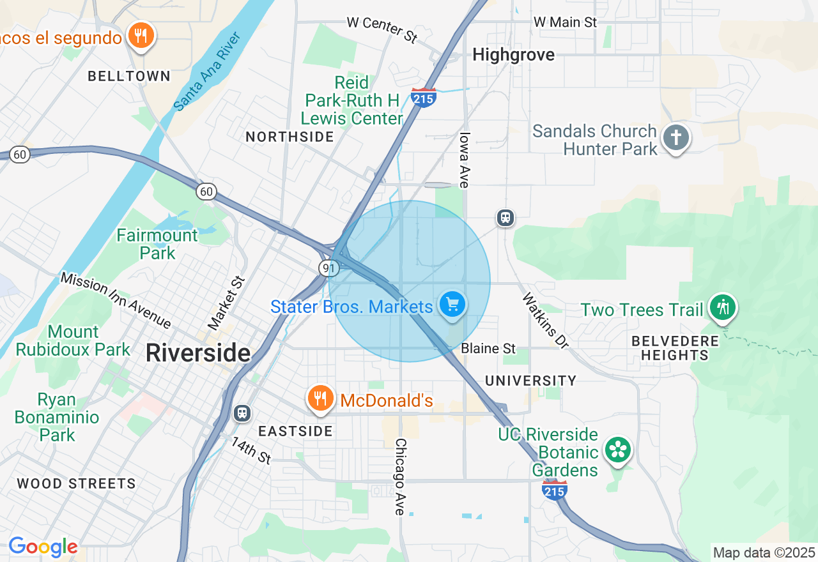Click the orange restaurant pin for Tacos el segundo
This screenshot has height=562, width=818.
(x=141, y=36)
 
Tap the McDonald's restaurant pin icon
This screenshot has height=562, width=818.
(x=320, y=399)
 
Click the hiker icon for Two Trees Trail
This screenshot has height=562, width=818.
(x=723, y=308)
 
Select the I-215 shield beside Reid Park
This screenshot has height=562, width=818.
(x=424, y=98)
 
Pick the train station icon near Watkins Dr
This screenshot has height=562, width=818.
(x=505, y=218)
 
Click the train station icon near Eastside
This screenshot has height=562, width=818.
(x=242, y=413)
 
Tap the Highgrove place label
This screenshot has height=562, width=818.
(x=513, y=55)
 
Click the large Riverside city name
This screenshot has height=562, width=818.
(x=198, y=353)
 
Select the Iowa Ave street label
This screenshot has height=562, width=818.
(x=464, y=160)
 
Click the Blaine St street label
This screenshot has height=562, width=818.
(x=488, y=349)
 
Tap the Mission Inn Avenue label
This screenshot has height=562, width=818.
(x=116, y=300)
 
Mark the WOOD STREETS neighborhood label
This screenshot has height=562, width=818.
(x=76, y=483)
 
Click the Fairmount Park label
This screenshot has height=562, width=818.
(x=157, y=244)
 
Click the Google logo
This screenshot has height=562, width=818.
(x=43, y=547)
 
